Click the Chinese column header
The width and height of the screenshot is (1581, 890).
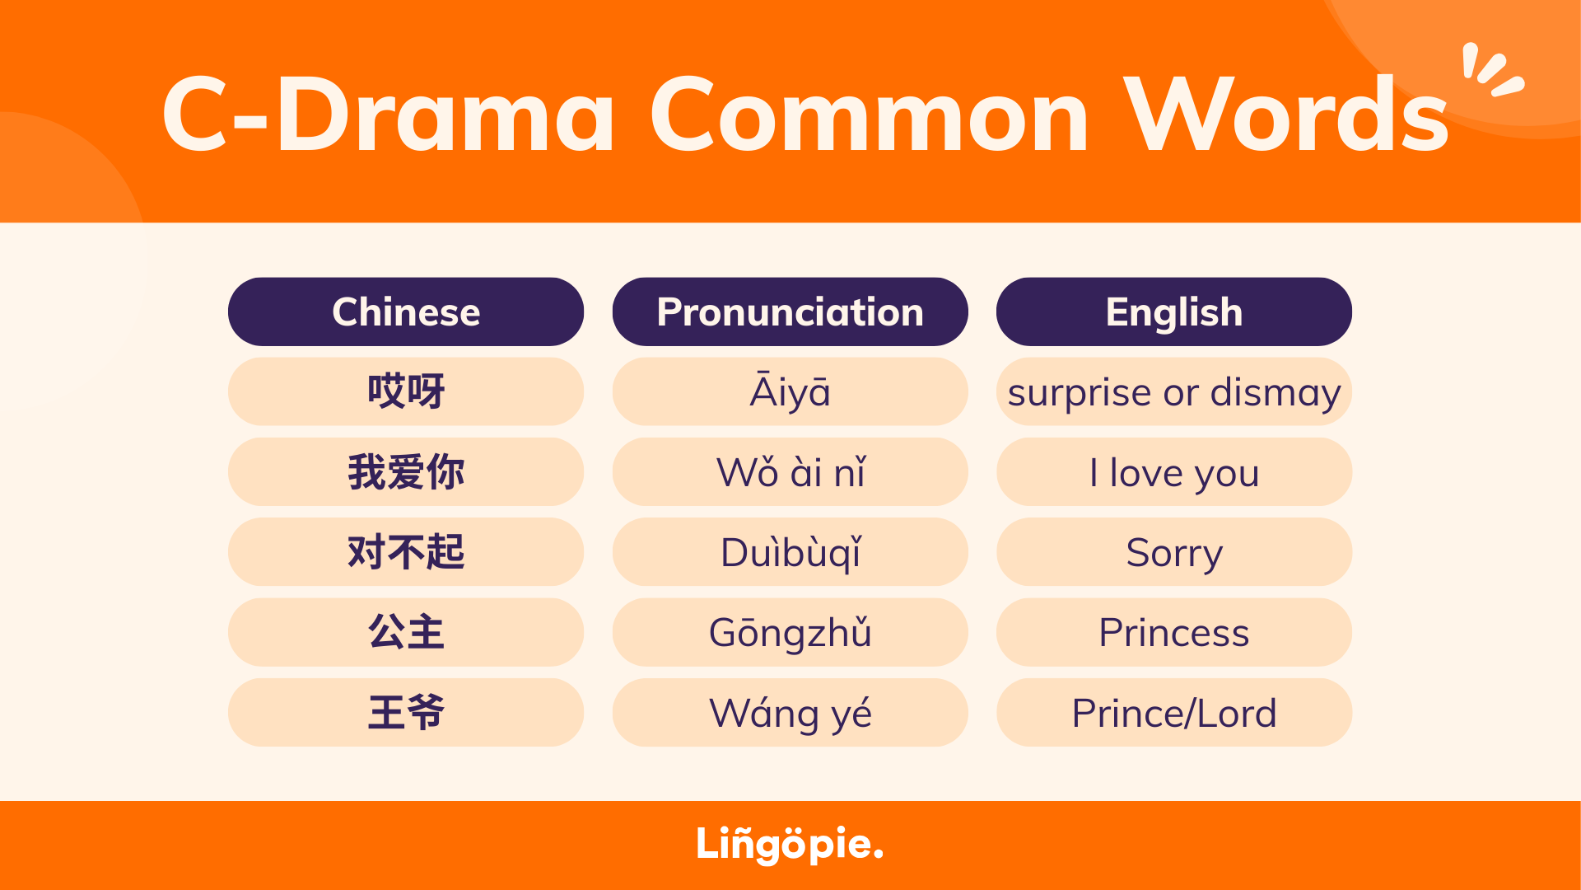click(x=406, y=311)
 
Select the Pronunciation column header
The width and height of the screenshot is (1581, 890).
click(x=790, y=311)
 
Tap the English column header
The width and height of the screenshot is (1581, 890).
click(x=1174, y=311)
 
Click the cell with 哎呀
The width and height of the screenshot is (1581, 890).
click(x=406, y=391)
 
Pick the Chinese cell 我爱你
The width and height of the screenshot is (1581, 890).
click(x=406, y=471)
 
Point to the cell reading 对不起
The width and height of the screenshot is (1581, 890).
click(x=406, y=552)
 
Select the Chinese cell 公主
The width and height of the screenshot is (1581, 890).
click(x=406, y=632)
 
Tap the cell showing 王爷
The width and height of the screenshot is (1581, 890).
click(x=406, y=713)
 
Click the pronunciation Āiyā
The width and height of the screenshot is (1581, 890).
click(x=790, y=391)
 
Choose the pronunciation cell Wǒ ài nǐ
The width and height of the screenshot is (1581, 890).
click(x=790, y=471)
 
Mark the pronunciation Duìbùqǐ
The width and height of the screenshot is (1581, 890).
click(x=790, y=552)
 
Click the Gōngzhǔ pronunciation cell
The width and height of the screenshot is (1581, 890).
click(x=790, y=632)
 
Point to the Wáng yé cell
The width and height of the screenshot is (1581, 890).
click(x=790, y=713)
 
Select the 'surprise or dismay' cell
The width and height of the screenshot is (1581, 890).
click(x=1174, y=391)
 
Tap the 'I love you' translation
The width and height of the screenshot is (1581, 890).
click(x=1174, y=471)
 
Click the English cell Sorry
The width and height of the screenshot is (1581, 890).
click(x=1174, y=552)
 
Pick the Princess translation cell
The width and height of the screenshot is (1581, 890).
click(x=1174, y=632)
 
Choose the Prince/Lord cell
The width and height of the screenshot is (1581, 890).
click(x=1174, y=713)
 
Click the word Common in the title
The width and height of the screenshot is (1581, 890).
click(x=870, y=115)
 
